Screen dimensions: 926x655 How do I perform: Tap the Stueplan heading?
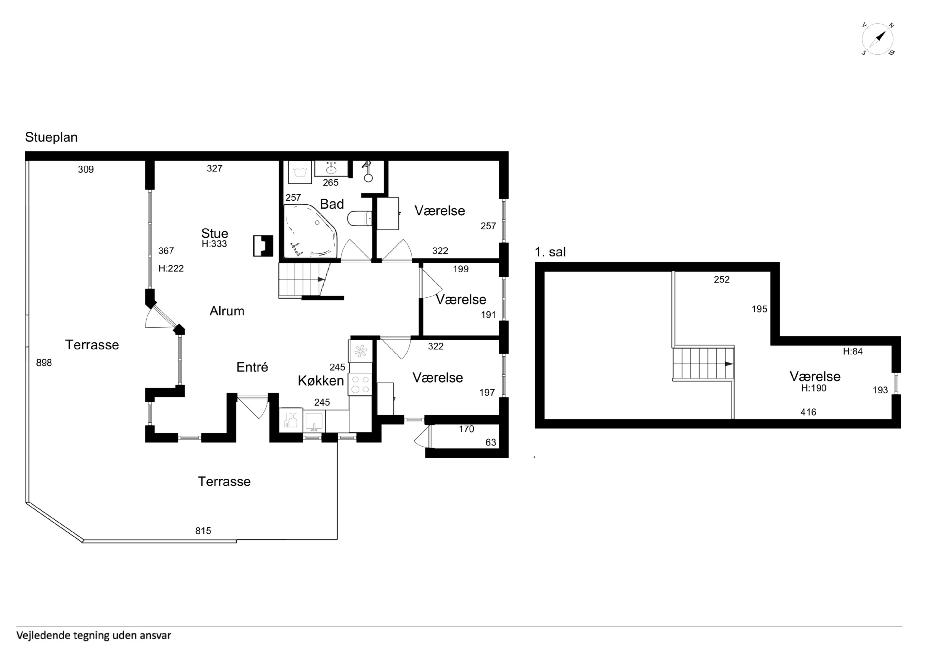51,137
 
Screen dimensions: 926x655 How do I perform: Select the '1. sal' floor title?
550,252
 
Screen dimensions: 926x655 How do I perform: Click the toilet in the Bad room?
360,219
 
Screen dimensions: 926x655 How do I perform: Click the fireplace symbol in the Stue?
263,246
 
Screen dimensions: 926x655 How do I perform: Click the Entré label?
252,367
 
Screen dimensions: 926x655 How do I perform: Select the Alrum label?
227,311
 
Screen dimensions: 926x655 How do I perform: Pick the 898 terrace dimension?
44,363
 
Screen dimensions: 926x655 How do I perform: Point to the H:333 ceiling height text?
214,244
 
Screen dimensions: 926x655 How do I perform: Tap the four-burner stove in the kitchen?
360,384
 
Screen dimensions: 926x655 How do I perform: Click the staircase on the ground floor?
303,280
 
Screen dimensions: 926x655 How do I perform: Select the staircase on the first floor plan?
703,363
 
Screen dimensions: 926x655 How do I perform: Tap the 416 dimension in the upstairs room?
808,412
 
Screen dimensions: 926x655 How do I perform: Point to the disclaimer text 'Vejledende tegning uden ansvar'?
94,635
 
